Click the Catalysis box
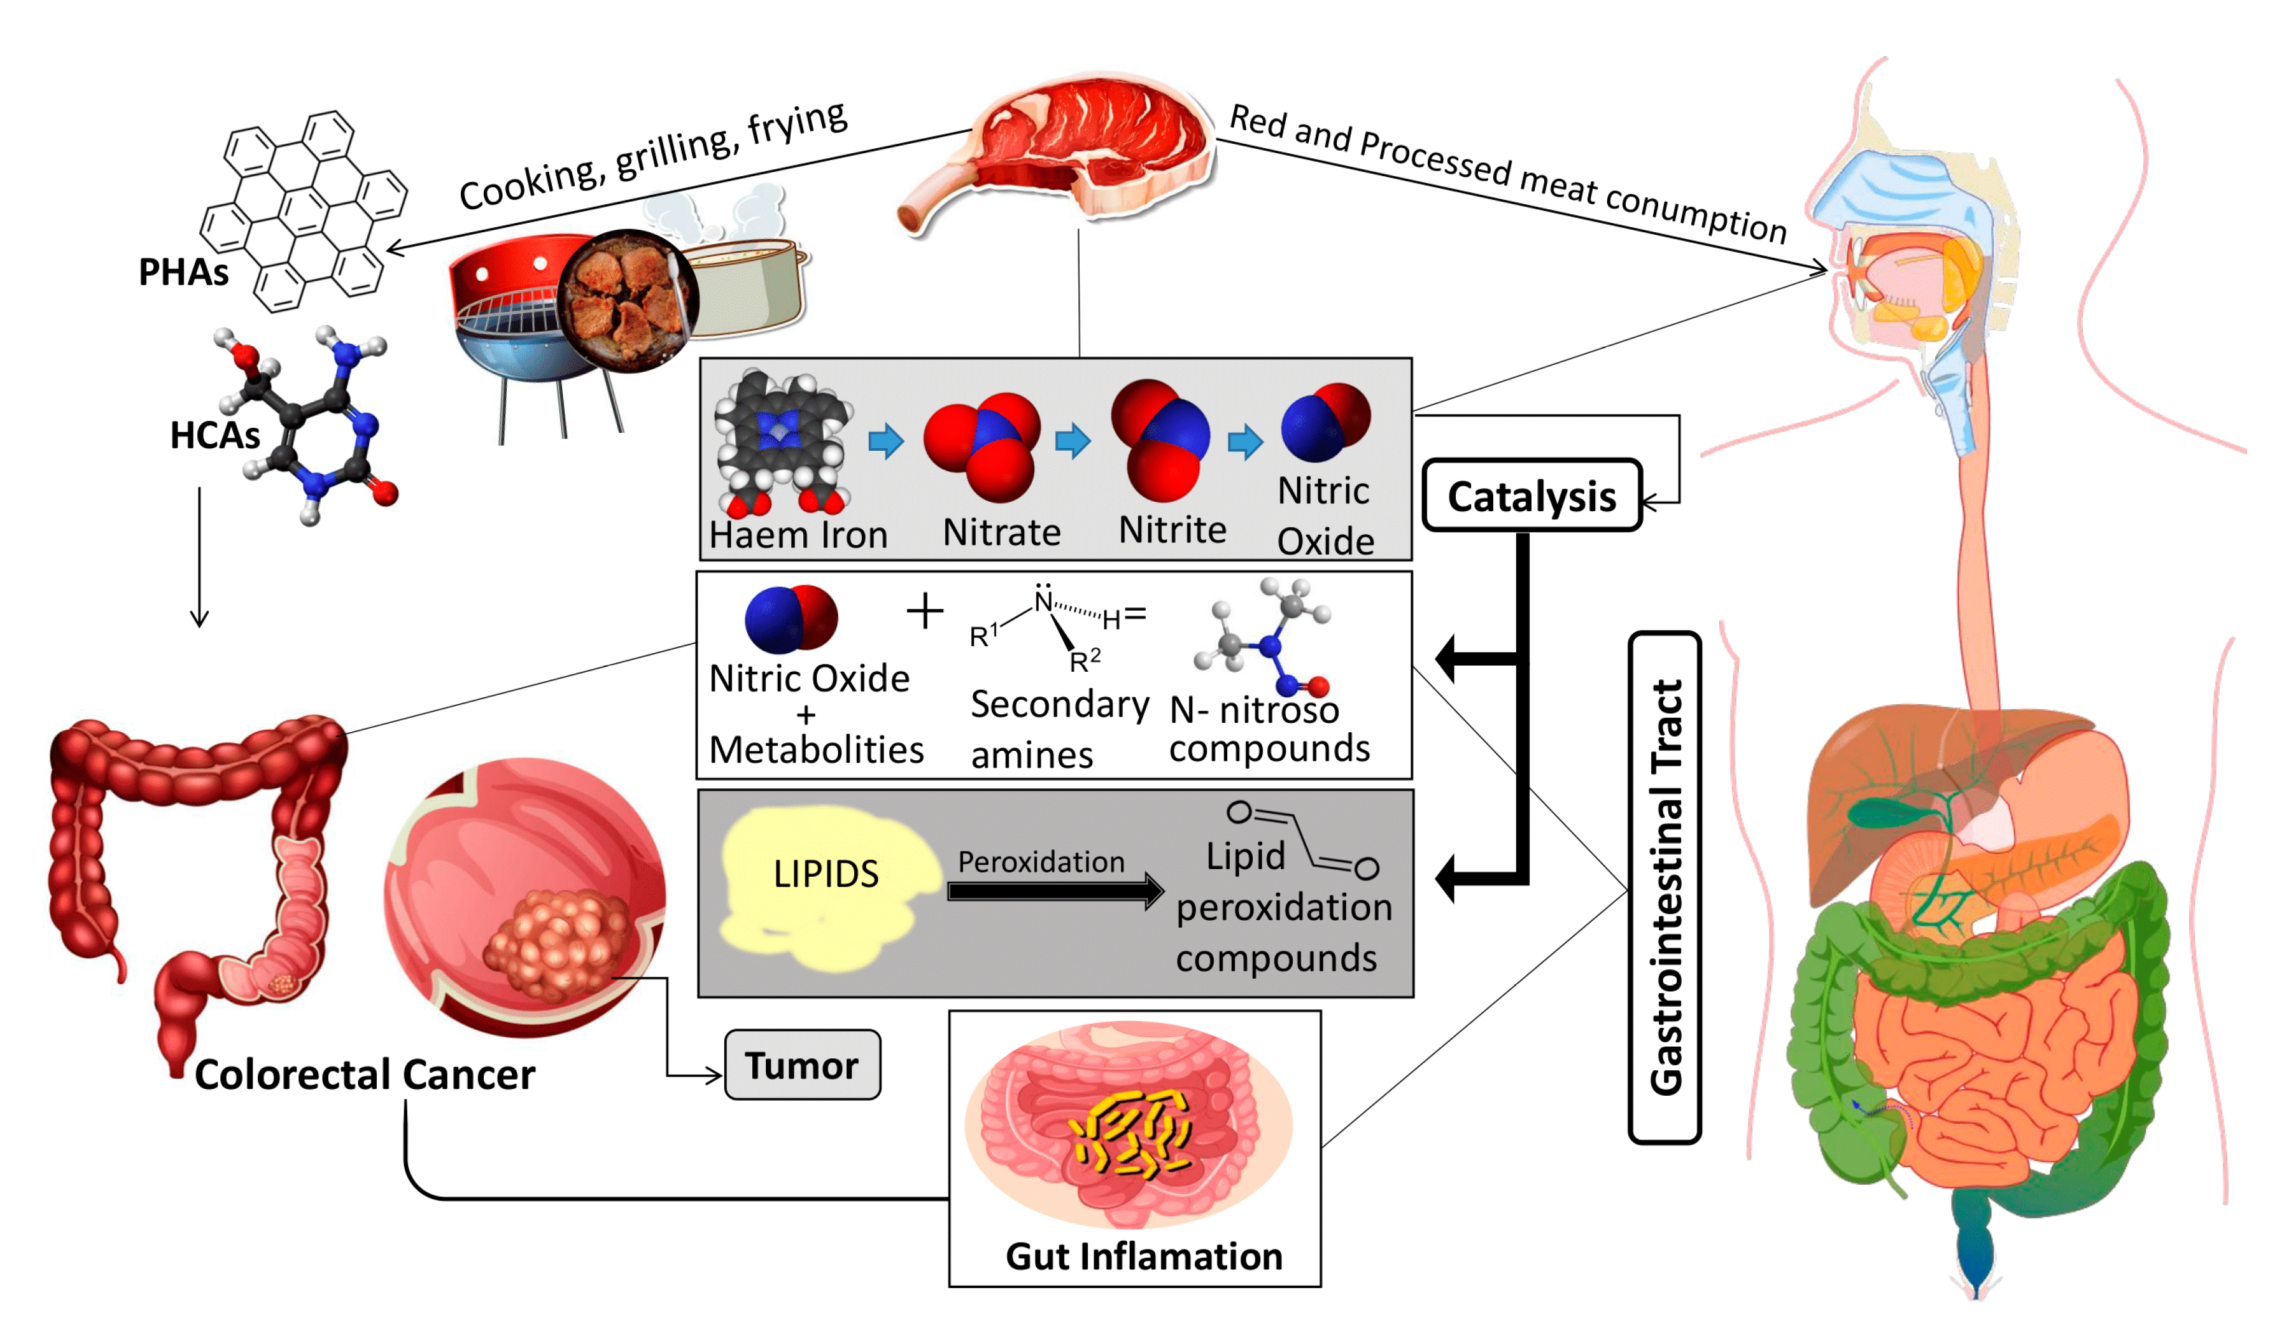click(1531, 496)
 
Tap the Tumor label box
click(802, 1065)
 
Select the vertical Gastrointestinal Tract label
click(1665, 888)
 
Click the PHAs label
click(183, 271)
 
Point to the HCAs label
click(215, 435)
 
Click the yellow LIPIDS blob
click(826, 884)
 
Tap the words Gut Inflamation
click(1143, 1256)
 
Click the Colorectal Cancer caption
click(364, 1075)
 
